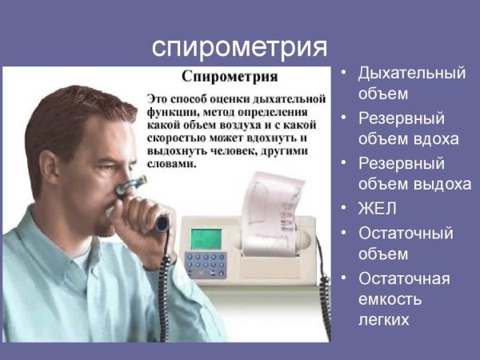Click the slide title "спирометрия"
click(x=239, y=46)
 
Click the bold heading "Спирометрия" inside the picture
click(x=230, y=78)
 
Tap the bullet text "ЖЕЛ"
click(x=378, y=210)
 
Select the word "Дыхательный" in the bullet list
click(x=411, y=74)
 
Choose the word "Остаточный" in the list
click(x=406, y=234)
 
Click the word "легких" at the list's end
click(x=384, y=321)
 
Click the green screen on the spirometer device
click(x=207, y=239)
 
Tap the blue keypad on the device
click(x=206, y=265)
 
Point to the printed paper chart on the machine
click(x=272, y=201)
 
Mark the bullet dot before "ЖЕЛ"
click(x=343, y=210)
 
